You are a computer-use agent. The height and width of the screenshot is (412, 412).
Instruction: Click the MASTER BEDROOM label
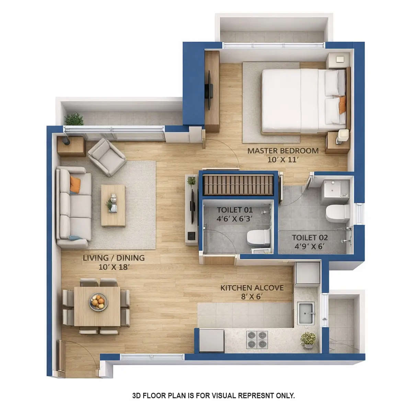(283, 150)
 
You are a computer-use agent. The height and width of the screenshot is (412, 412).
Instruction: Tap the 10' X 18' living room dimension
(114, 267)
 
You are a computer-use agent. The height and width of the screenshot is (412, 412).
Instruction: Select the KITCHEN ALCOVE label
(252, 288)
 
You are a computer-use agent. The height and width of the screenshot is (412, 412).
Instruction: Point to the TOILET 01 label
(235, 210)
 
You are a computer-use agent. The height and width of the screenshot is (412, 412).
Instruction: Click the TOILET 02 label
(309, 237)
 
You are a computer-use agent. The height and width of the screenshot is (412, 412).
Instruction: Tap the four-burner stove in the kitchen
(257, 339)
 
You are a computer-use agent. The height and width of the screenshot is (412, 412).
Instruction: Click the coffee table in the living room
(113, 205)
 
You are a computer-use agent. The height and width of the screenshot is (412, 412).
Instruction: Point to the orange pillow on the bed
(342, 105)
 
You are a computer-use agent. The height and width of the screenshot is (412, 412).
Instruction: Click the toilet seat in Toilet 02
(337, 213)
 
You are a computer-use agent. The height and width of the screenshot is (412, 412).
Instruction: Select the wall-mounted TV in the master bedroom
(209, 90)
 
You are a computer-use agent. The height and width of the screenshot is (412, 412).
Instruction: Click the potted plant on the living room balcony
(74, 119)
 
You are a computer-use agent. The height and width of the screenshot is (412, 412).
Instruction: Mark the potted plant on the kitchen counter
(308, 340)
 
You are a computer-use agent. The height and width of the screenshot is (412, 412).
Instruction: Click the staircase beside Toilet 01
(238, 185)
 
